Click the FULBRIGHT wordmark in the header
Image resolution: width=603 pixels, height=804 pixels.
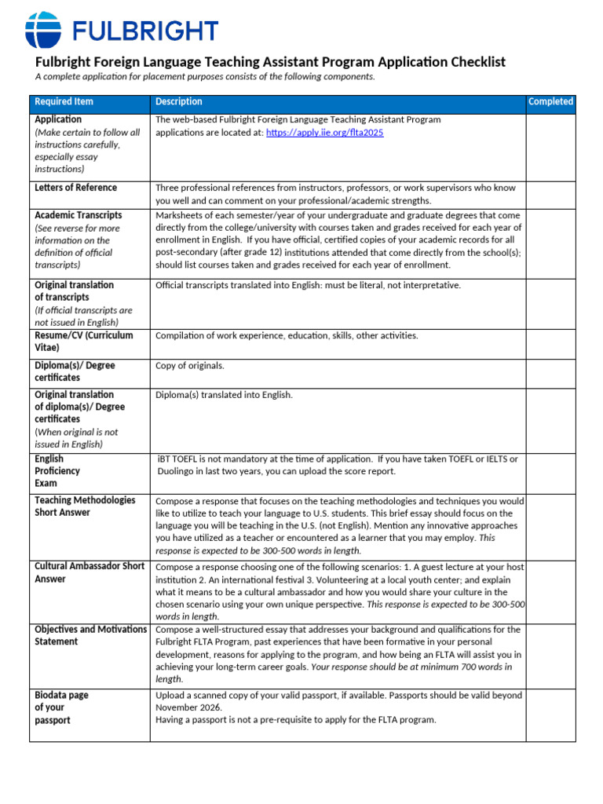click(x=145, y=31)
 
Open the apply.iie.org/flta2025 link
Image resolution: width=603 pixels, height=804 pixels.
click(x=325, y=133)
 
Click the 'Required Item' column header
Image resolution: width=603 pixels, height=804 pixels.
click(x=64, y=102)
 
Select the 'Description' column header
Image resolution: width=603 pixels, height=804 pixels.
click(x=178, y=102)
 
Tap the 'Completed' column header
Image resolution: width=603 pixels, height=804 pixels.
click(x=550, y=102)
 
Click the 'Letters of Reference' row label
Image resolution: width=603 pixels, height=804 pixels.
click(x=75, y=188)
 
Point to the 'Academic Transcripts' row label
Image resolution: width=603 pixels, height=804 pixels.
click(x=78, y=215)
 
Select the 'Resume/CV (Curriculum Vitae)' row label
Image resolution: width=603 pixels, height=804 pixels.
click(x=83, y=341)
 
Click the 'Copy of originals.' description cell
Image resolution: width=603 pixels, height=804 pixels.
click(x=189, y=366)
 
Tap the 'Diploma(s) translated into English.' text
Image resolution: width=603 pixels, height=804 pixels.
click(x=224, y=395)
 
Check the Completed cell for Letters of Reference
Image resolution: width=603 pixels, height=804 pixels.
click(x=550, y=194)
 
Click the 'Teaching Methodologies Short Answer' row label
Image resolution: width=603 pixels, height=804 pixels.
click(x=85, y=506)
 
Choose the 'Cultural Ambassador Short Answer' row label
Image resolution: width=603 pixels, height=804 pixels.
click(x=89, y=572)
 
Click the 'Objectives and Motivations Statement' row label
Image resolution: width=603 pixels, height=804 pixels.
click(x=90, y=635)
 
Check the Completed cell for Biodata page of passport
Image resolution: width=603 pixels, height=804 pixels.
click(x=550, y=715)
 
